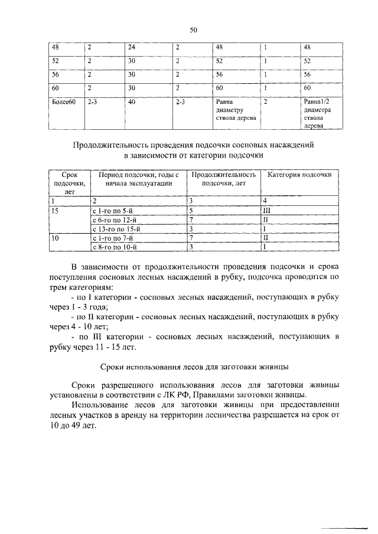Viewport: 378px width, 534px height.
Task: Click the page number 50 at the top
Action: tap(193, 30)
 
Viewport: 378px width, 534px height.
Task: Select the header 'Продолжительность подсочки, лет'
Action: tap(224, 179)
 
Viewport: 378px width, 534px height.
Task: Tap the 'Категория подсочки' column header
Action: tap(299, 175)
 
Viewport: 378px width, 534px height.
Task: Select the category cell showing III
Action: tap(266, 210)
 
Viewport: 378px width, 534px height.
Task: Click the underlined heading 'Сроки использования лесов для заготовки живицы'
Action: tap(193, 365)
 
